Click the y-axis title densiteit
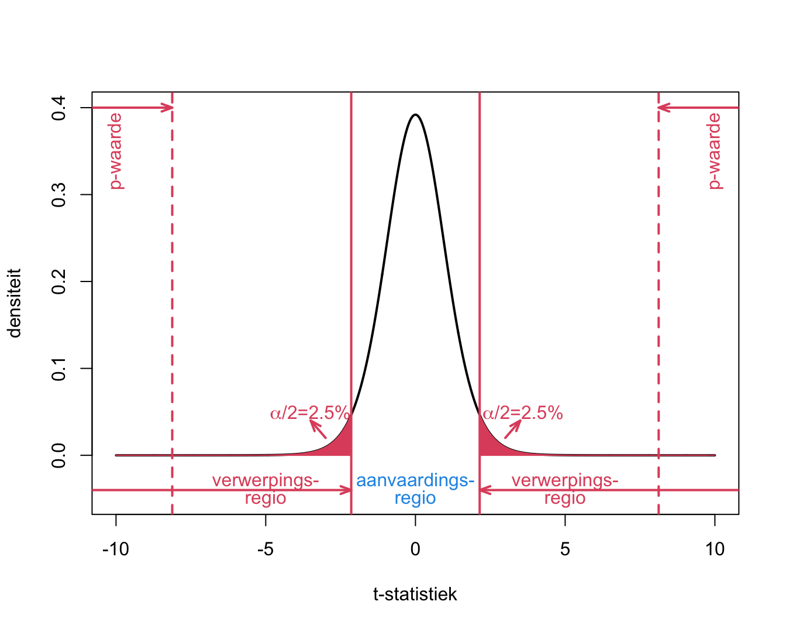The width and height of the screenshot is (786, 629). tap(15, 303)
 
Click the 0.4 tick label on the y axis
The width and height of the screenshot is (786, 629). tap(59, 108)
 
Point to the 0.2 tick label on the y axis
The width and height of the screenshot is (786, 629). tap(59, 281)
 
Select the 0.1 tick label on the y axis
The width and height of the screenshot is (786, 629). tap(59, 369)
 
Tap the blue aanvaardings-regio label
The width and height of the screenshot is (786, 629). tap(415, 489)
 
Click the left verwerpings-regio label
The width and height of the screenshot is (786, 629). tap(266, 489)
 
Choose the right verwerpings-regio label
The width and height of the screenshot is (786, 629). tap(565, 489)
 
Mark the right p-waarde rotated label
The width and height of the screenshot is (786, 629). tap(715, 151)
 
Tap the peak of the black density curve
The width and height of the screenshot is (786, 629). tap(415, 115)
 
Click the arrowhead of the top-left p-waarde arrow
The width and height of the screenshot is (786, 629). tap(170, 108)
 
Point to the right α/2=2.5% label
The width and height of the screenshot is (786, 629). tap(523, 413)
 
